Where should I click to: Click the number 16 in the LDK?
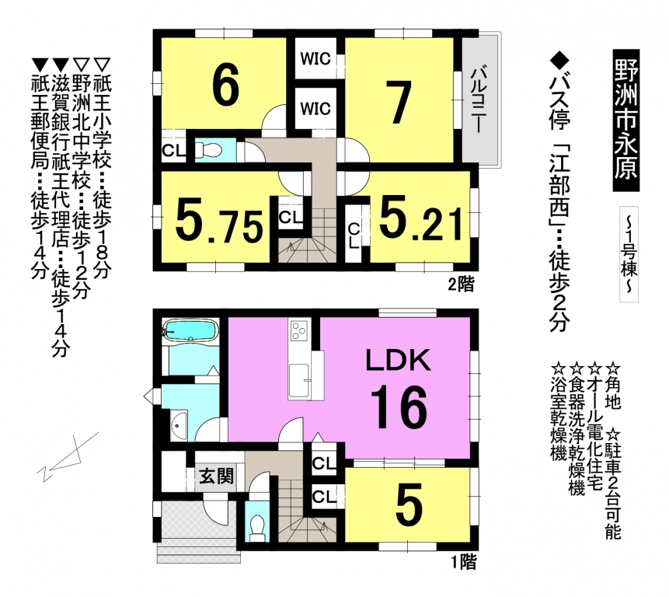(x=399, y=407)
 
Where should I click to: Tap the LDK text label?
(x=398, y=361)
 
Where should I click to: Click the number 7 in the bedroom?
(x=399, y=102)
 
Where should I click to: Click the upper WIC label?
(x=315, y=58)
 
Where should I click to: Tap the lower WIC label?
(x=315, y=108)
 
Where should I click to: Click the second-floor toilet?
(x=207, y=150)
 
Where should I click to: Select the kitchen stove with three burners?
(x=299, y=330)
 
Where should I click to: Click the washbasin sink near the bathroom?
(x=179, y=424)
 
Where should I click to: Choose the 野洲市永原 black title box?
(x=626, y=121)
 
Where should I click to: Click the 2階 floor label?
(x=461, y=284)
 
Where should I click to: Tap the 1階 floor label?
(x=463, y=562)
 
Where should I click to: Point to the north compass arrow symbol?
(x=68, y=456)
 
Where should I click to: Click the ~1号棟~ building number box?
(x=629, y=254)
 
